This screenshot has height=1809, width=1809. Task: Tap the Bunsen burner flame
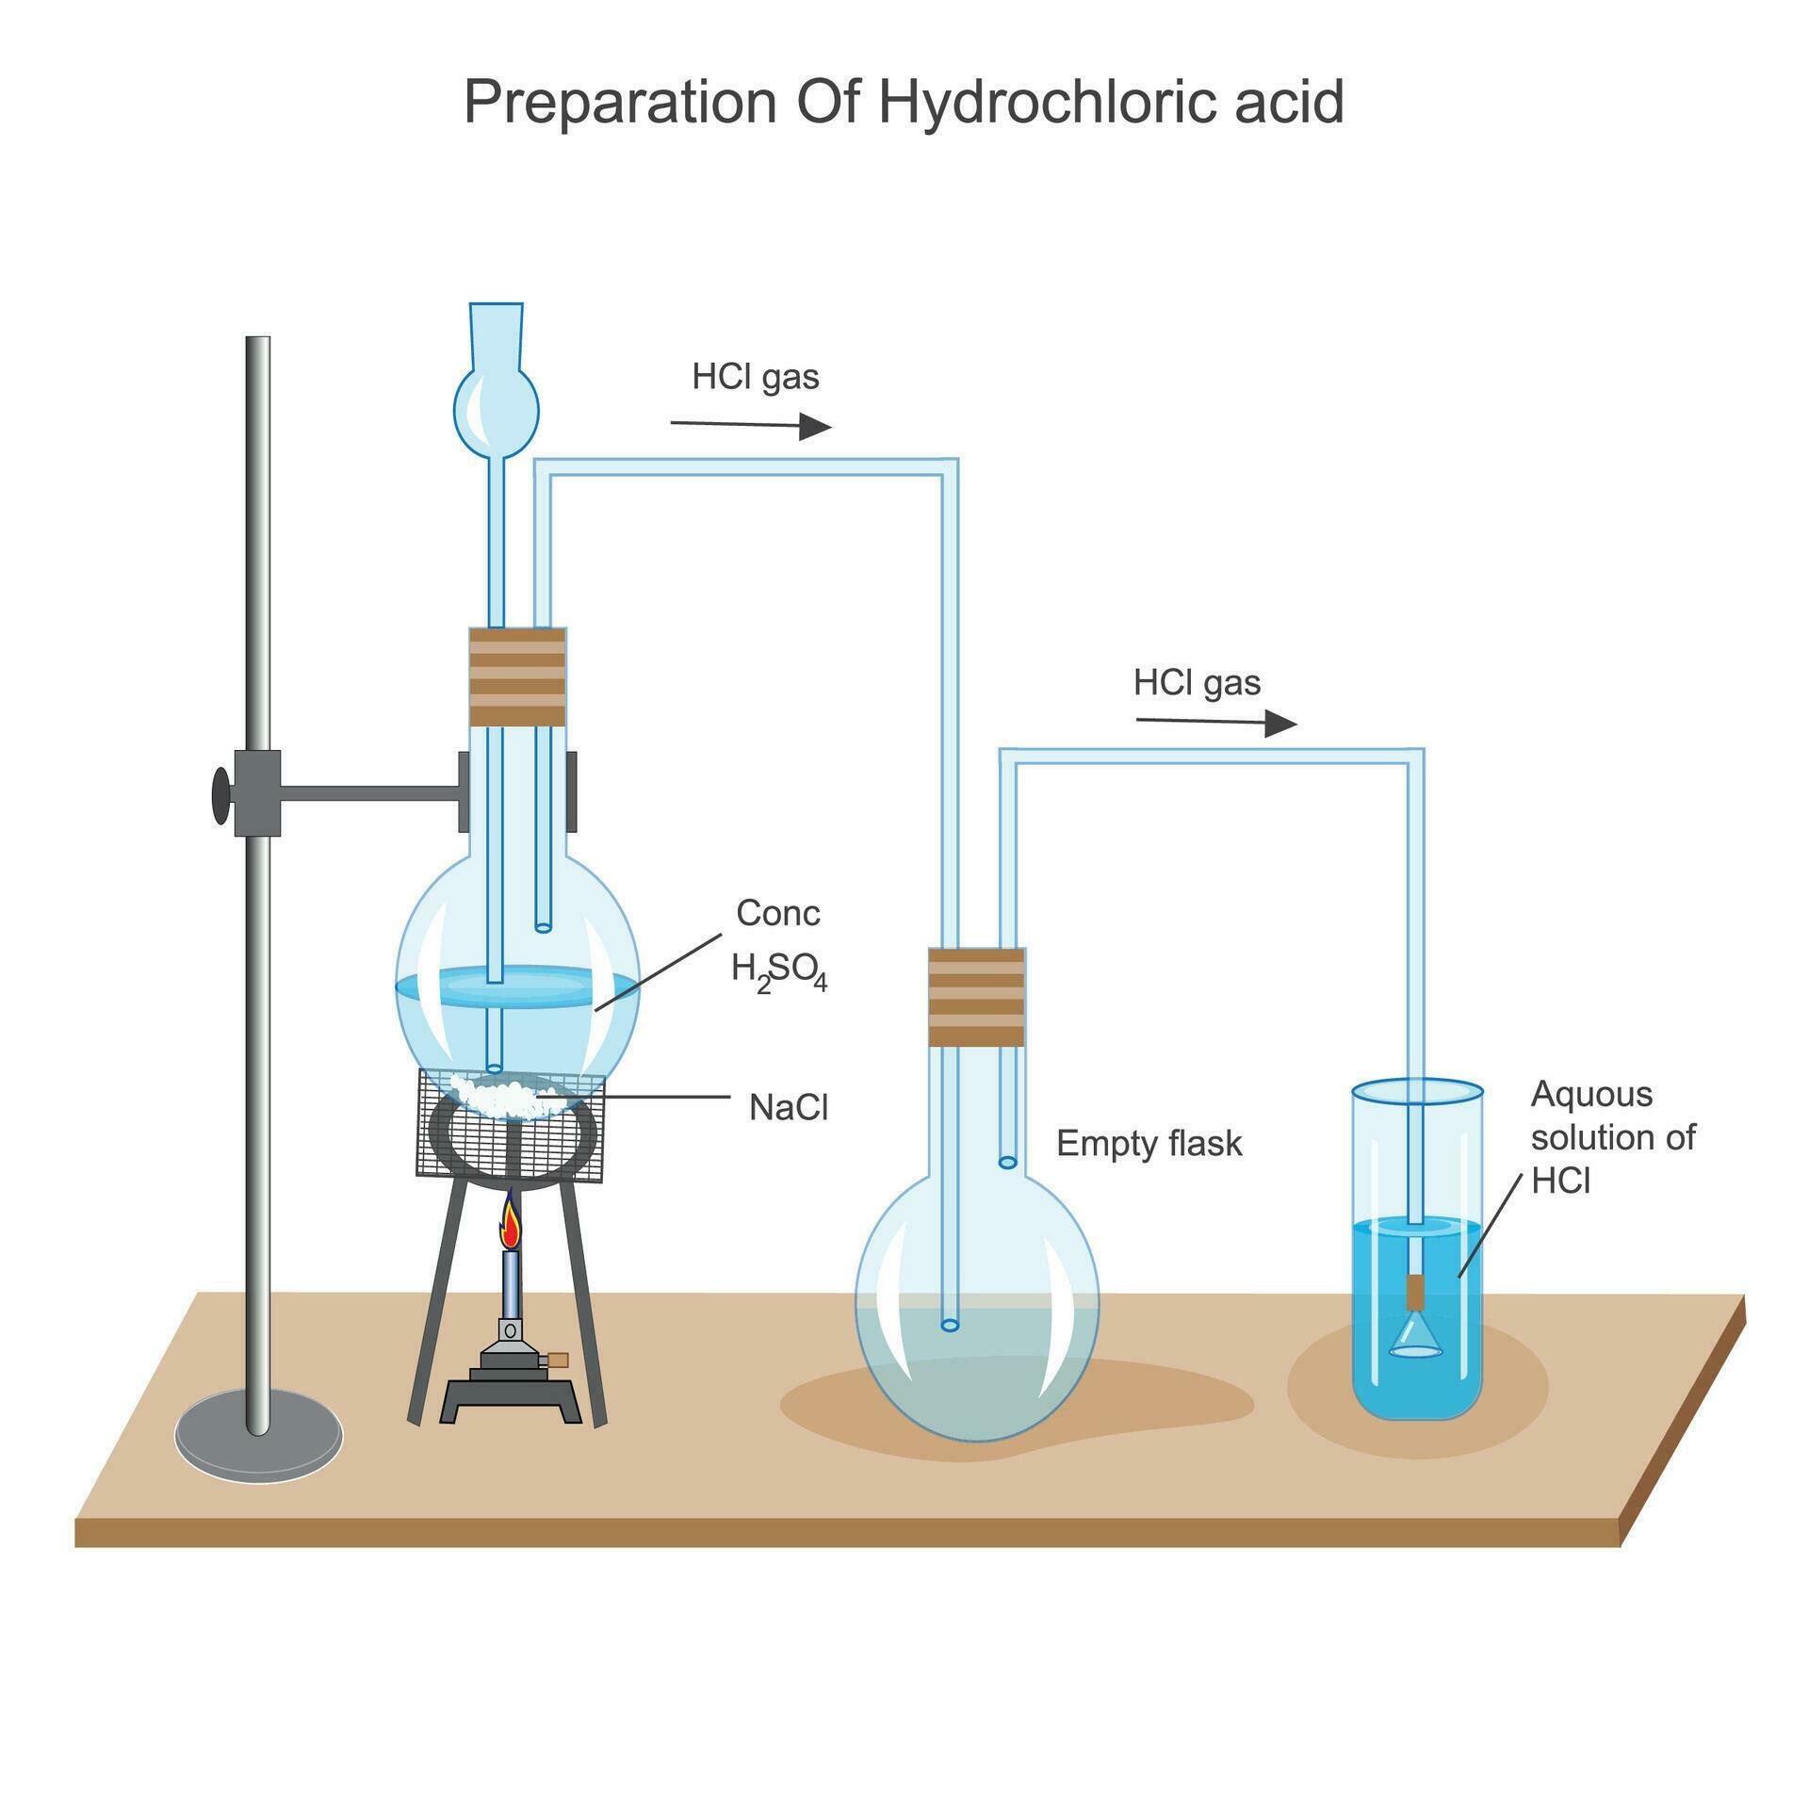click(511, 1223)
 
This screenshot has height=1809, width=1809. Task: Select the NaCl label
click(789, 1108)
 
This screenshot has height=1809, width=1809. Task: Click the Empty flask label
click(1149, 1144)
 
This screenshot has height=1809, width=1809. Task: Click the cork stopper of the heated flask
click(517, 676)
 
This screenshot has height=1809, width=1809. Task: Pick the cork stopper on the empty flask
click(976, 997)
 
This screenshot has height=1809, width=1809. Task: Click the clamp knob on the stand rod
click(220, 795)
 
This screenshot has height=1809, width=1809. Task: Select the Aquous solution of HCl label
click(1611, 1137)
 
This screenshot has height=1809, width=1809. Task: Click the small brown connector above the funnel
click(1415, 1292)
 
